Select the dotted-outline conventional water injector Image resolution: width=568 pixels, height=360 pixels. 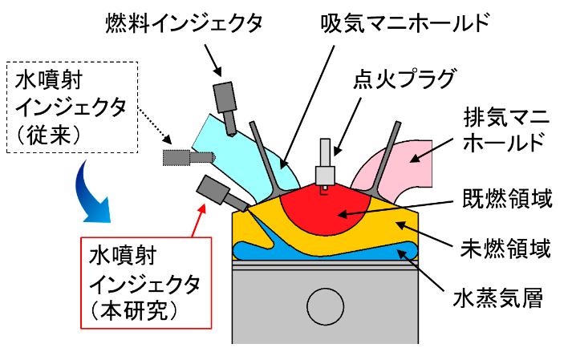(177, 156)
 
